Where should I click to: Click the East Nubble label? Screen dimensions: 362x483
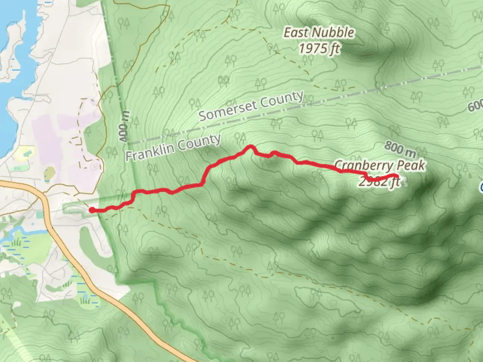point(319,33)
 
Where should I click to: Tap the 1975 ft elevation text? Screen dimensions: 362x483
point(319,49)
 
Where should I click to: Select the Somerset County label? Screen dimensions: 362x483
point(251,106)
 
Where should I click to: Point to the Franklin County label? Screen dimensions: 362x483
point(173,147)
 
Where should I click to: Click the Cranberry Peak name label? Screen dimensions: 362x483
point(380,166)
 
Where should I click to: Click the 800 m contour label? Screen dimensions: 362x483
point(400,149)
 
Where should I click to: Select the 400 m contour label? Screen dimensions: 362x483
point(123,127)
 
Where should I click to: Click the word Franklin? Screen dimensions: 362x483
point(149,153)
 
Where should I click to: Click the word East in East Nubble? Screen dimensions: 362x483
point(296,33)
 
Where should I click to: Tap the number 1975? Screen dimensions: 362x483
point(312,49)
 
